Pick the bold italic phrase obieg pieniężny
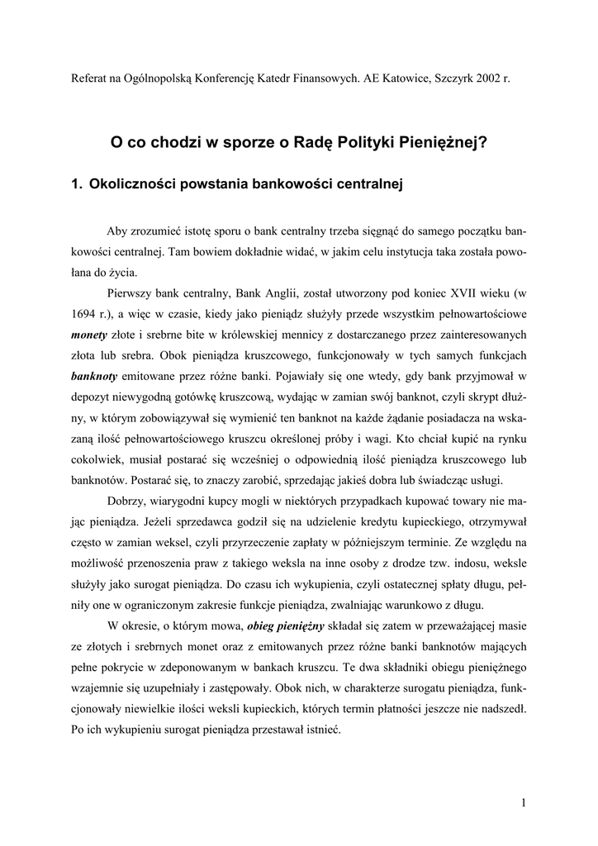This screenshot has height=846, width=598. coord(285,625)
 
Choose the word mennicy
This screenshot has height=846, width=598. coord(297,335)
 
